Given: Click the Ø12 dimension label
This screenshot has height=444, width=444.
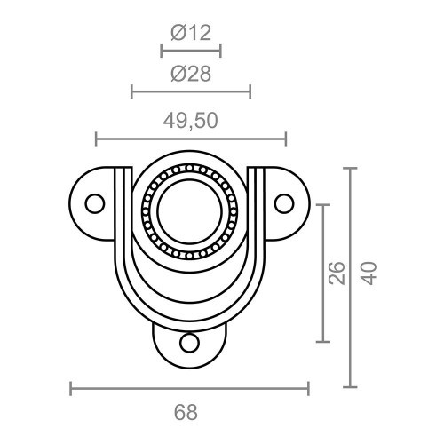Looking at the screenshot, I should pos(190,34).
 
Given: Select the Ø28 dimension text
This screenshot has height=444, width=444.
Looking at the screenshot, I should pos(190,75).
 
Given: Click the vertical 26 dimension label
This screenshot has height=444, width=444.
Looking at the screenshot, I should pos(337,274).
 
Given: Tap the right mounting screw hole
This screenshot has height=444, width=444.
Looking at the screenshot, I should pos(284,203).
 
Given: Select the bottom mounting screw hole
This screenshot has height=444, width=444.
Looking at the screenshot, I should pos(189,342).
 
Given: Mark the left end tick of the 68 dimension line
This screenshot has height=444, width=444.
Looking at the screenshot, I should pos(70,388).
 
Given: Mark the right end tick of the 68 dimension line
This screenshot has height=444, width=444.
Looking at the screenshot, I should pos(309,388).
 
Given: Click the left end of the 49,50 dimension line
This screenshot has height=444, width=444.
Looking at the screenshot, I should pos(96,139).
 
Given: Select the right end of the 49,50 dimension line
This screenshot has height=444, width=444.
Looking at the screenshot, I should pos(286,139).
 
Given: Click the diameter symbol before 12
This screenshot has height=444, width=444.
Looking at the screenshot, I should pos(177,34).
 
